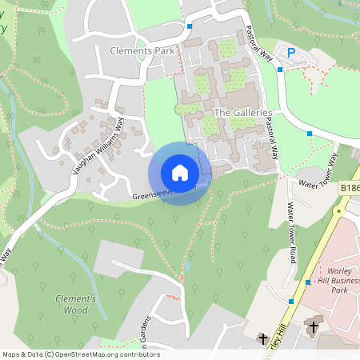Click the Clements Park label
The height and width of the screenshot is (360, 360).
pos(142,50)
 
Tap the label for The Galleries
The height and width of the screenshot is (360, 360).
pos(244,113)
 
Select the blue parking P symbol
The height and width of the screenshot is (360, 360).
pos(291,52)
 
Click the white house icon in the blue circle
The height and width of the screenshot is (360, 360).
pos(180,173)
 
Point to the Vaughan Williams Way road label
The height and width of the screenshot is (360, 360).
pos(99,141)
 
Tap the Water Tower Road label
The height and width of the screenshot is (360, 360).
pos(293,234)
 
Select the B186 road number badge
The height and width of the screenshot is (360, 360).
pos(350,186)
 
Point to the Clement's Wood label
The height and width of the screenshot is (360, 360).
pos(76,304)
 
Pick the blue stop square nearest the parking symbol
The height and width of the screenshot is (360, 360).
pos(280,70)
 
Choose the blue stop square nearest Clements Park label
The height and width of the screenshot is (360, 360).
pos(190,26)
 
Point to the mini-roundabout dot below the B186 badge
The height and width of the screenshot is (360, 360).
pos(338,211)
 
